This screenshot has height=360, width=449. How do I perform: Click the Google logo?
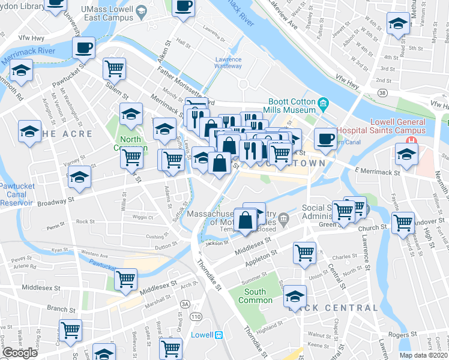click(20, 353)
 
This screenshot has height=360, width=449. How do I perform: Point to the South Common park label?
click(255, 296)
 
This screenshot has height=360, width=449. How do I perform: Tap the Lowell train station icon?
click(219, 334)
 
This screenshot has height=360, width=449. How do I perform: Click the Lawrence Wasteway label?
click(228, 63)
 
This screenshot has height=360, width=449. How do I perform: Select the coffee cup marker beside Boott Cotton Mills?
click(325, 139)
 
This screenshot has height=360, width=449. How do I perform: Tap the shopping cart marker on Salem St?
click(113, 68)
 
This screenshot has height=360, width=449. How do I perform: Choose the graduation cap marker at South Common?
click(294, 296)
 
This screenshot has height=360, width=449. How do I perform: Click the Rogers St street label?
click(402, 334)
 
